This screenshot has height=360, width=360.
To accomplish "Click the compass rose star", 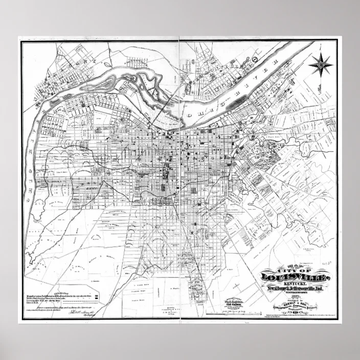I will click(x=321, y=64).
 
